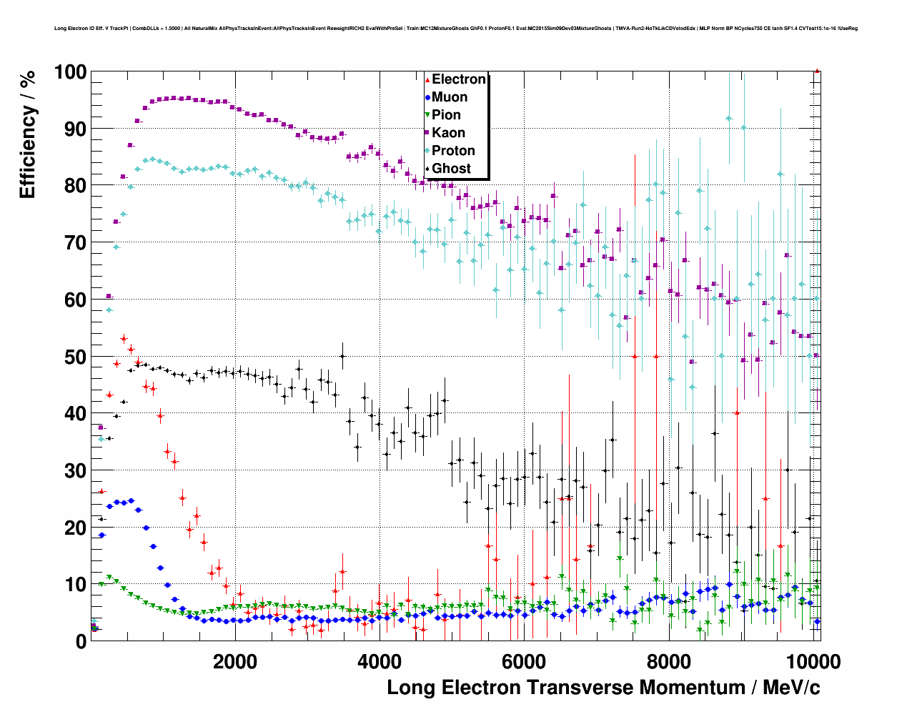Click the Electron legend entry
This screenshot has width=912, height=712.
(x=458, y=79)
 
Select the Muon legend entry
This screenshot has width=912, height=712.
(x=449, y=97)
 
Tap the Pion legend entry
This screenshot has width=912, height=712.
(x=446, y=115)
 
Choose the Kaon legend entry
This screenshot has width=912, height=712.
(x=448, y=133)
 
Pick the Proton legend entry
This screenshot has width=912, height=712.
(x=453, y=151)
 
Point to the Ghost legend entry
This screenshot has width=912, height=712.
(x=451, y=169)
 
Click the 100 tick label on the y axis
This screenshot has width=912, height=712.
(x=70, y=72)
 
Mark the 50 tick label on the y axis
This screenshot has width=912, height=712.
(x=75, y=357)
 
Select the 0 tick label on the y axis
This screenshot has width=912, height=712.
(x=81, y=642)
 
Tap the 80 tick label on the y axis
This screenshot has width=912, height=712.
(x=75, y=186)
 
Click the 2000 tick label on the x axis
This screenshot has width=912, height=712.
(x=235, y=661)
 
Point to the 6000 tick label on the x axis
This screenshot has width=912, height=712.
(x=524, y=661)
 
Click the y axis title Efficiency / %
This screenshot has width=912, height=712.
(x=28, y=134)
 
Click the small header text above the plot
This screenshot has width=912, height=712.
(x=455, y=29)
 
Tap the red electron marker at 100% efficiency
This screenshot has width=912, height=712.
(x=817, y=71)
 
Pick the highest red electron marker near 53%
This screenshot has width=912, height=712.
(x=124, y=338)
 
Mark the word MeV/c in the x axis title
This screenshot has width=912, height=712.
(x=791, y=688)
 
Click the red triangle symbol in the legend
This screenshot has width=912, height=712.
(x=427, y=80)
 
